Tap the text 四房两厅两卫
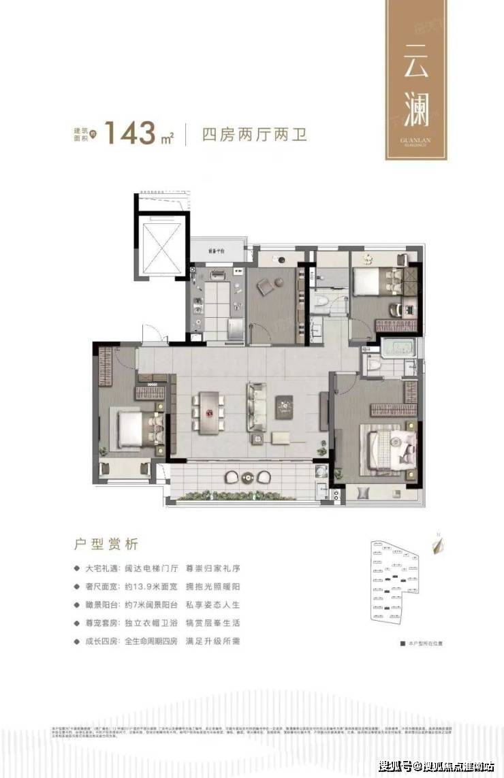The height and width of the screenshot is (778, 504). point(255,133)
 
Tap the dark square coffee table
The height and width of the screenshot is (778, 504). point(284,407)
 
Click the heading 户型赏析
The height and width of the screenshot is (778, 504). point(105,544)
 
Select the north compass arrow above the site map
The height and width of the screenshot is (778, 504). point(434,544)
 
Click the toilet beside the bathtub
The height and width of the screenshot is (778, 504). point(373,365)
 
